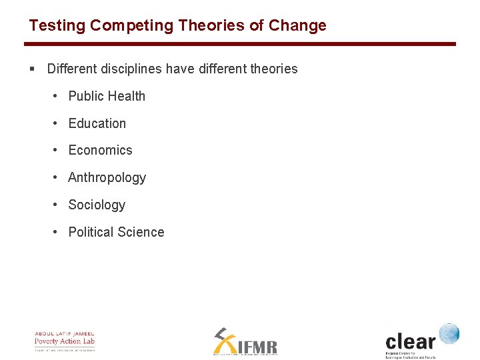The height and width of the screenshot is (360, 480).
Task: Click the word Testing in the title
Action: (57, 26)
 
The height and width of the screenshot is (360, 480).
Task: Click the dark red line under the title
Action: (240, 44)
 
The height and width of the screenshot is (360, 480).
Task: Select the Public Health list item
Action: (107, 96)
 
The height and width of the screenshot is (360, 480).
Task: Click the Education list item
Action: (97, 123)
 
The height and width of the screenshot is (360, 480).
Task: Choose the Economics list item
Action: (101, 151)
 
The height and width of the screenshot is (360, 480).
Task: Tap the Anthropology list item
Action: (107, 178)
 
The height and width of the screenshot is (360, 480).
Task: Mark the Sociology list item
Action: (97, 205)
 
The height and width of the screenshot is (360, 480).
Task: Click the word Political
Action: (91, 233)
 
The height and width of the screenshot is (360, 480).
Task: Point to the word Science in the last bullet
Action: (141, 233)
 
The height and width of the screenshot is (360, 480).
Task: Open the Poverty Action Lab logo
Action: (65, 341)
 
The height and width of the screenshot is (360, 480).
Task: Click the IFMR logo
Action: (245, 341)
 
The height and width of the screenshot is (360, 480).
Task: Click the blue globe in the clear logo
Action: (449, 333)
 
